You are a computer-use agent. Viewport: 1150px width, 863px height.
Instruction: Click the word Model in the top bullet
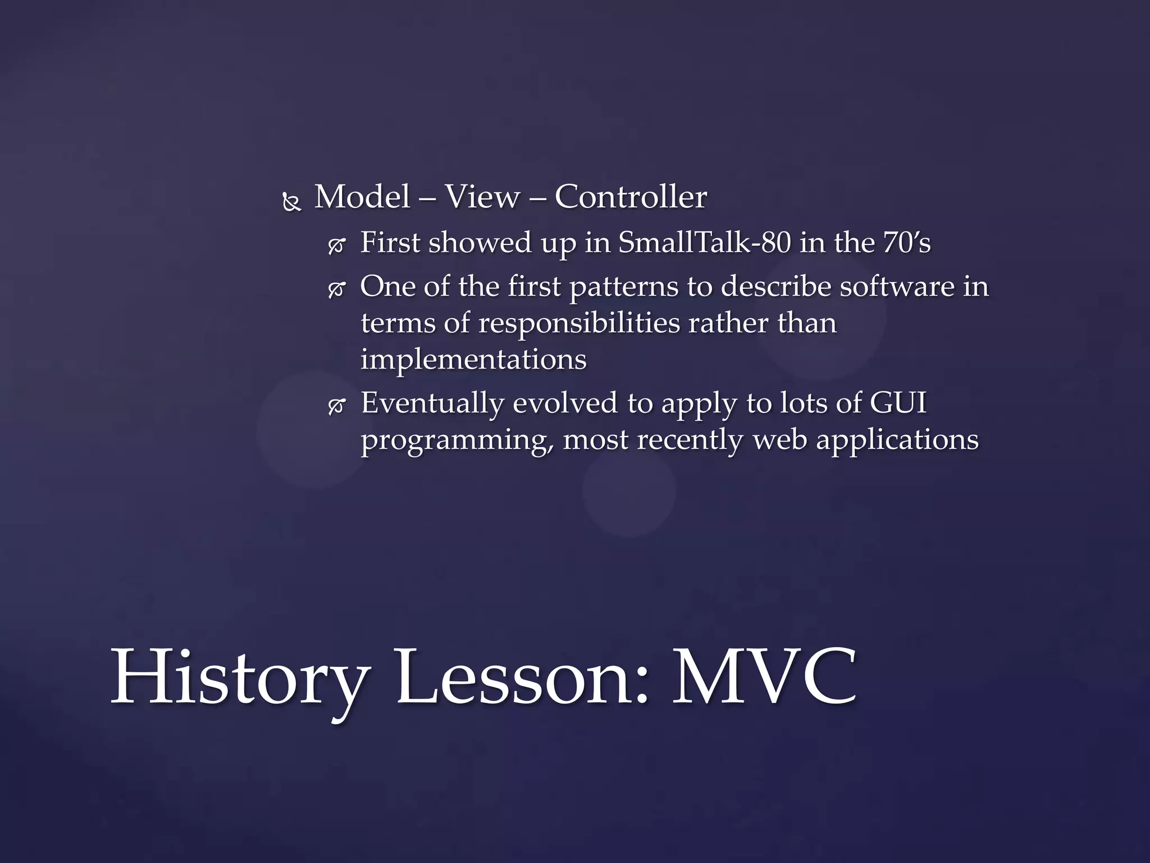362,197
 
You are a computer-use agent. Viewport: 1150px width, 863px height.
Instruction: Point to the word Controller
630,197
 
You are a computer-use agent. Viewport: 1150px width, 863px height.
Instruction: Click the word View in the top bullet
482,197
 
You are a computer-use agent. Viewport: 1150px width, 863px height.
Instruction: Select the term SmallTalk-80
704,243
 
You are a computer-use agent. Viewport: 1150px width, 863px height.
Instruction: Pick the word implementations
473,360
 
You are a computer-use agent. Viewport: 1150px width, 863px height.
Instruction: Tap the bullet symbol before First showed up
336,246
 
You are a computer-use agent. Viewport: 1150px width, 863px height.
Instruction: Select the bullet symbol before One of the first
336,290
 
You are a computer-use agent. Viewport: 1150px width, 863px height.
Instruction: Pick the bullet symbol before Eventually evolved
336,406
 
